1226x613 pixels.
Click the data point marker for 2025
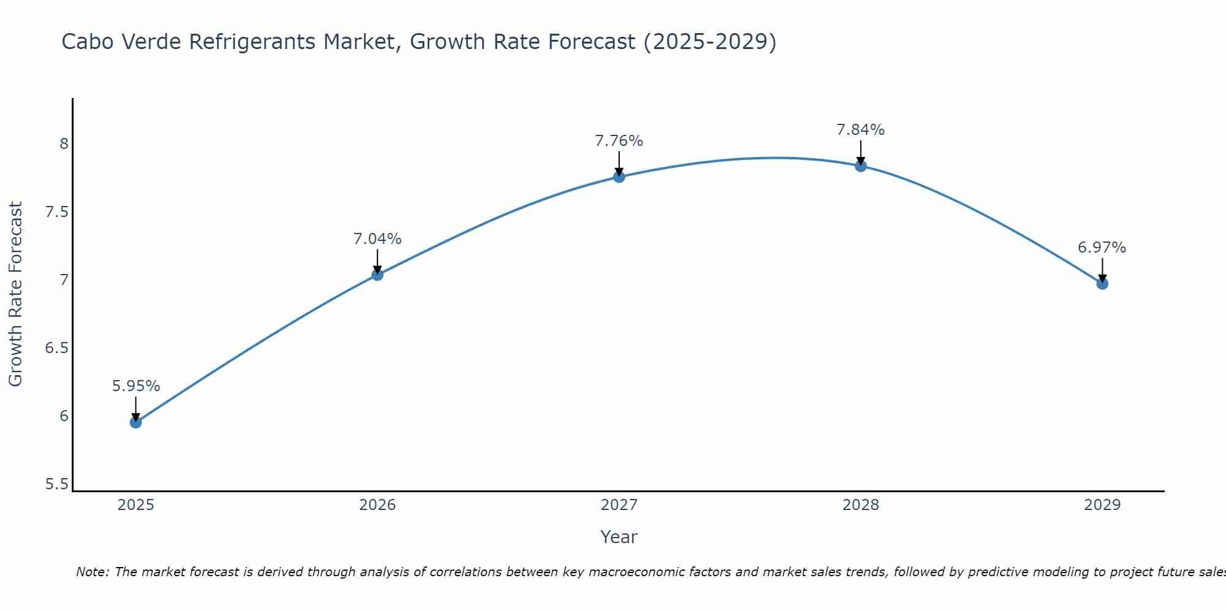136,422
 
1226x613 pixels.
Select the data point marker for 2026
378,275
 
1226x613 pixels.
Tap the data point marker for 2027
619,177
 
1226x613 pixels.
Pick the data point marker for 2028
861,166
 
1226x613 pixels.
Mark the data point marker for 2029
1102,284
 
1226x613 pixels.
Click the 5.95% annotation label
136,386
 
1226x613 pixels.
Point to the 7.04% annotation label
378,239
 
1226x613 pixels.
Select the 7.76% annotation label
619,141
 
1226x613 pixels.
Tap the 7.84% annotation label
861,130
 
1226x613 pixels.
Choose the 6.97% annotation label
1102,248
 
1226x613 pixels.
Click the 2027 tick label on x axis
619,505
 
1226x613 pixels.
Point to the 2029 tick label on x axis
1102,505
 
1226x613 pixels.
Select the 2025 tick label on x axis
136,505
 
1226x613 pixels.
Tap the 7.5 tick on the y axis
56,213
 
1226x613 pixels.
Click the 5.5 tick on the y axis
56,484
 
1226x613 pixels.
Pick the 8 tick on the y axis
64,144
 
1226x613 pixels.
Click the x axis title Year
619,537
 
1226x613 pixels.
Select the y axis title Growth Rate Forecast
16,294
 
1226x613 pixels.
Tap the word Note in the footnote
92,572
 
